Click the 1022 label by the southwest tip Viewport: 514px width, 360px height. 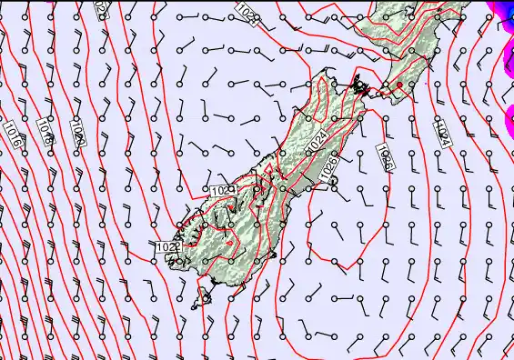(x=166, y=246)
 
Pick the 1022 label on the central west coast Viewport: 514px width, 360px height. (x=222, y=189)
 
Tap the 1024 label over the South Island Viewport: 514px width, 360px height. (x=316, y=141)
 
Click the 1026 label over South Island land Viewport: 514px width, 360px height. (x=329, y=165)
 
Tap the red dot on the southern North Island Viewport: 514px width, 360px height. (x=398, y=85)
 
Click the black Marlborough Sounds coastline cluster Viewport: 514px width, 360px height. (x=361, y=87)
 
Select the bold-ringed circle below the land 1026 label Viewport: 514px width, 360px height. (x=333, y=181)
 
